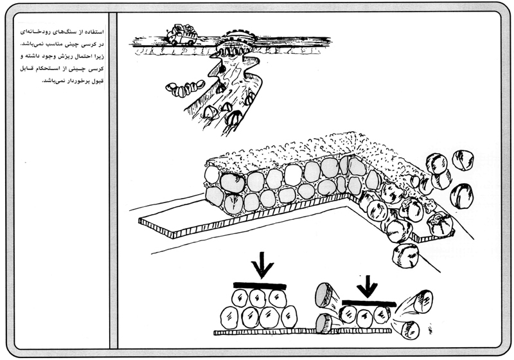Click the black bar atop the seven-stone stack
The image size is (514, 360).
click(260, 284)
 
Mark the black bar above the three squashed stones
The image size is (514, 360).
click(368, 303)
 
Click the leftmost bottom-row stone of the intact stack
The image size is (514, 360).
click(228, 317)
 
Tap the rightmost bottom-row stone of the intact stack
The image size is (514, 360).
click(289, 316)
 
